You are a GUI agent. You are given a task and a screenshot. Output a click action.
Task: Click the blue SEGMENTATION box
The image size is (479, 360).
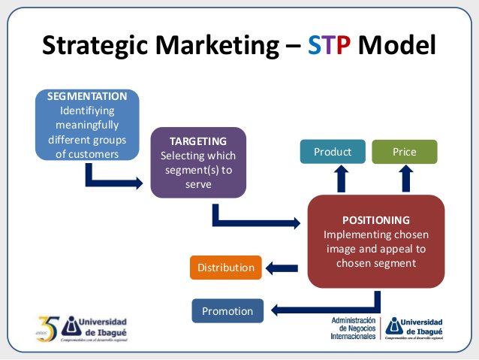tap(87, 124)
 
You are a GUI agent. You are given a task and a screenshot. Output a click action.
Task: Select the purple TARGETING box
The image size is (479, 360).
tap(198, 162)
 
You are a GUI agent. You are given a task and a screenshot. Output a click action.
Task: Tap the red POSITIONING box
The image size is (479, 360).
tap(375, 241)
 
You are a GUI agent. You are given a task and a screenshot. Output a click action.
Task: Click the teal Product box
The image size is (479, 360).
tap(333, 152)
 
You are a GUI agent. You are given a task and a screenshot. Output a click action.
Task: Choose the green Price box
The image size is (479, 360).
tap(405, 152)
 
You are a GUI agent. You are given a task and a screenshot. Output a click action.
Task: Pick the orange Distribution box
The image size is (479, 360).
tap(226, 267)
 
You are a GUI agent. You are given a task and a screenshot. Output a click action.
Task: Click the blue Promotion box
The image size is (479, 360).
tap(227, 310)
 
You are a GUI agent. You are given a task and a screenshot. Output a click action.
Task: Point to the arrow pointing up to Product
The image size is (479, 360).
tap(342, 179)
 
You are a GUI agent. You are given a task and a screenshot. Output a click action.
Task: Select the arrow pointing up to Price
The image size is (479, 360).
tap(406, 179)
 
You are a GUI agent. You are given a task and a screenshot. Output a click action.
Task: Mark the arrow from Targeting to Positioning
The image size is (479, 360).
tap(255, 220)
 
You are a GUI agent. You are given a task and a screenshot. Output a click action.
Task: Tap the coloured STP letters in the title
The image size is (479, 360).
tap(330, 45)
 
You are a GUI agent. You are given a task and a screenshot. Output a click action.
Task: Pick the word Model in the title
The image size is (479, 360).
tap(396, 45)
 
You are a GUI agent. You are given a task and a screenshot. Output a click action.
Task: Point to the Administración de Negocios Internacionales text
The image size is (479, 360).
tap(354, 328)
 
